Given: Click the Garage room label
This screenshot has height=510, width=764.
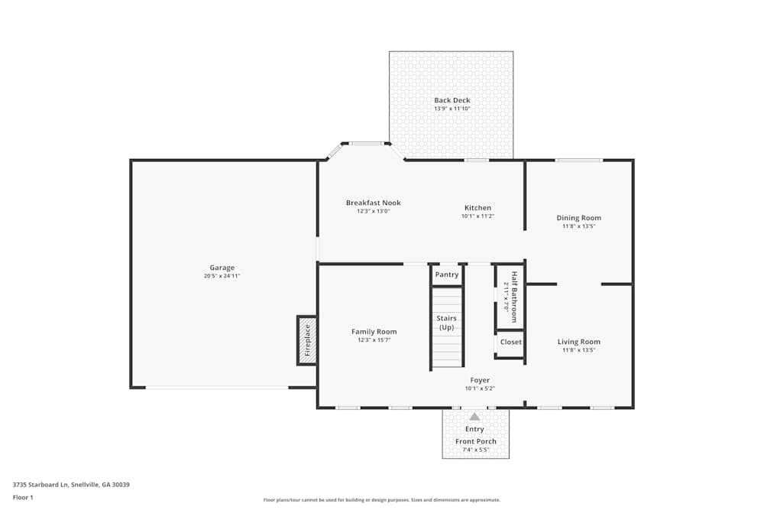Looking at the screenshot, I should (x=222, y=268).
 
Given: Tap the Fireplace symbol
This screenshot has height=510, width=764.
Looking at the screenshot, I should (x=307, y=340).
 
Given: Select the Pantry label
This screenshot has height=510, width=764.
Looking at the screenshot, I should (x=447, y=274).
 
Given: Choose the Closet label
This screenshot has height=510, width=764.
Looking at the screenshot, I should (x=510, y=342).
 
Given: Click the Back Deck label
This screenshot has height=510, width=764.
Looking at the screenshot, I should (x=452, y=100).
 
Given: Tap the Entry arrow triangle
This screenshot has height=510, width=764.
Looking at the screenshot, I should (x=474, y=417).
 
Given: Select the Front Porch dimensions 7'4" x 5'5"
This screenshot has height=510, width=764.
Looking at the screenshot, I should (x=476, y=450).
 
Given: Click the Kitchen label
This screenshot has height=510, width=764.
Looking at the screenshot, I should (x=477, y=208).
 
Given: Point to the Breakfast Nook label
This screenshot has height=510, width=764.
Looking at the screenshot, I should (x=373, y=203).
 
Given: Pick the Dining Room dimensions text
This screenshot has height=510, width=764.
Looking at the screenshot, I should (x=578, y=226).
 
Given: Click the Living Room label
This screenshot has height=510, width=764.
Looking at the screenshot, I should (x=578, y=342).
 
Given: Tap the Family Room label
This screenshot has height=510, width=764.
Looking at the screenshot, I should (x=374, y=331).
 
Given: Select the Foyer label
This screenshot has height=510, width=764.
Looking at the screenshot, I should (x=480, y=380).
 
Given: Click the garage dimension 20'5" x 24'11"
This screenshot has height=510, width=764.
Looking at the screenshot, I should (x=222, y=276).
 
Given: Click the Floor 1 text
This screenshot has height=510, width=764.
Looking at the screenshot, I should (x=23, y=497).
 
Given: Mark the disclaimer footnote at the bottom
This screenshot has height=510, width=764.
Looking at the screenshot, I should (x=382, y=500).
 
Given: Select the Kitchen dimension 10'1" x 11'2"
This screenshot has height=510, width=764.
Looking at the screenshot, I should (x=477, y=216).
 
